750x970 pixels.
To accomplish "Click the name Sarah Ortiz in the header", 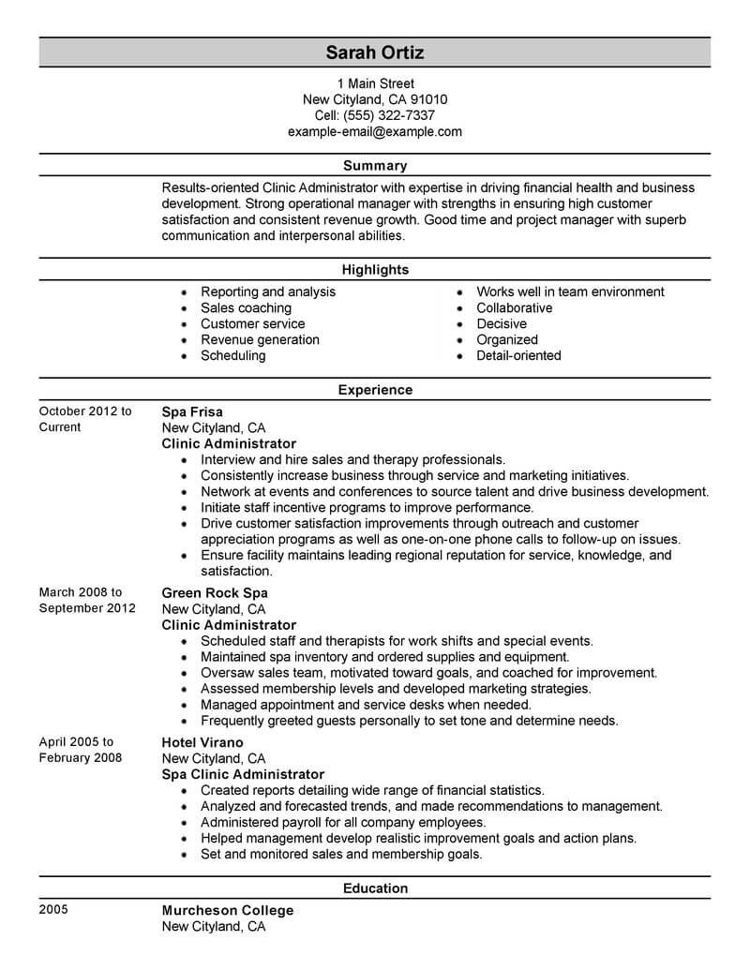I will click(x=375, y=51).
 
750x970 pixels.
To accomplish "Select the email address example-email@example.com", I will click(x=375, y=131).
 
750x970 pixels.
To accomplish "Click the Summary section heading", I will click(x=375, y=166).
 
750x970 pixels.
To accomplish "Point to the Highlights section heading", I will click(x=375, y=270).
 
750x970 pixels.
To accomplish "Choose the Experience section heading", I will click(x=375, y=390).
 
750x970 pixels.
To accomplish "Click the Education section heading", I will click(x=375, y=888).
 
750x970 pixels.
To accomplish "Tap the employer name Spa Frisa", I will click(x=192, y=411).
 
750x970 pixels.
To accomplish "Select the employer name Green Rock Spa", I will click(x=215, y=593).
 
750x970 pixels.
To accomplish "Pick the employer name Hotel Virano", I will click(x=202, y=742).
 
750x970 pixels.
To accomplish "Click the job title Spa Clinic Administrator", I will click(x=243, y=774).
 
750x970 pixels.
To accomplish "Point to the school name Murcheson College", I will click(x=228, y=910).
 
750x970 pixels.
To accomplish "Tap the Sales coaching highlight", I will click(x=246, y=307).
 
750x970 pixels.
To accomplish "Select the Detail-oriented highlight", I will click(x=518, y=355).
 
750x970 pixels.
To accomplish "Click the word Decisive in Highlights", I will click(x=502, y=323).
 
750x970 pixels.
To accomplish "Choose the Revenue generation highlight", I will click(x=260, y=339).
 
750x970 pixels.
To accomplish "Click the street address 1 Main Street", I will click(x=375, y=83).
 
